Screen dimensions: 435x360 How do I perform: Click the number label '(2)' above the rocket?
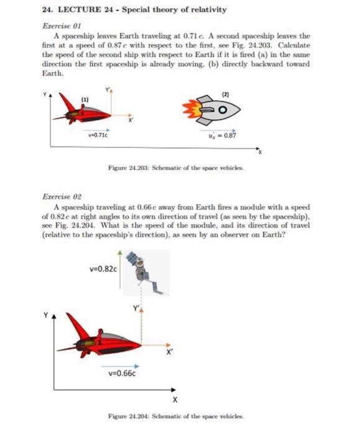(x=225, y=93)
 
